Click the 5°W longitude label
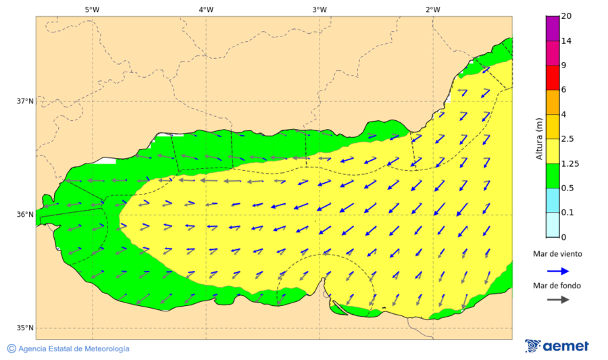click(x=92, y=9)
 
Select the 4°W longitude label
click(x=206, y=9)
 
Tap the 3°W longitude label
click(x=320, y=9)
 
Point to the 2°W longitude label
click(x=433, y=9)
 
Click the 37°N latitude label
click(x=25, y=101)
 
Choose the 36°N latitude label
click(x=25, y=215)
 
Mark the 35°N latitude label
click(x=25, y=328)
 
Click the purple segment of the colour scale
click(x=552, y=28)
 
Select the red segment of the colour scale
click(x=552, y=77)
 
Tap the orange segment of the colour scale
click(x=552, y=102)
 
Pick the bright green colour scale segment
click(x=552, y=176)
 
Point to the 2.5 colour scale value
click(x=567, y=139)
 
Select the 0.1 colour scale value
click(x=567, y=213)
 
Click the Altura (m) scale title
click(x=539, y=138)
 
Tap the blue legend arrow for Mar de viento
click(x=557, y=271)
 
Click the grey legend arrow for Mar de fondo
click(x=557, y=300)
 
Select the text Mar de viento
click(x=557, y=254)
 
